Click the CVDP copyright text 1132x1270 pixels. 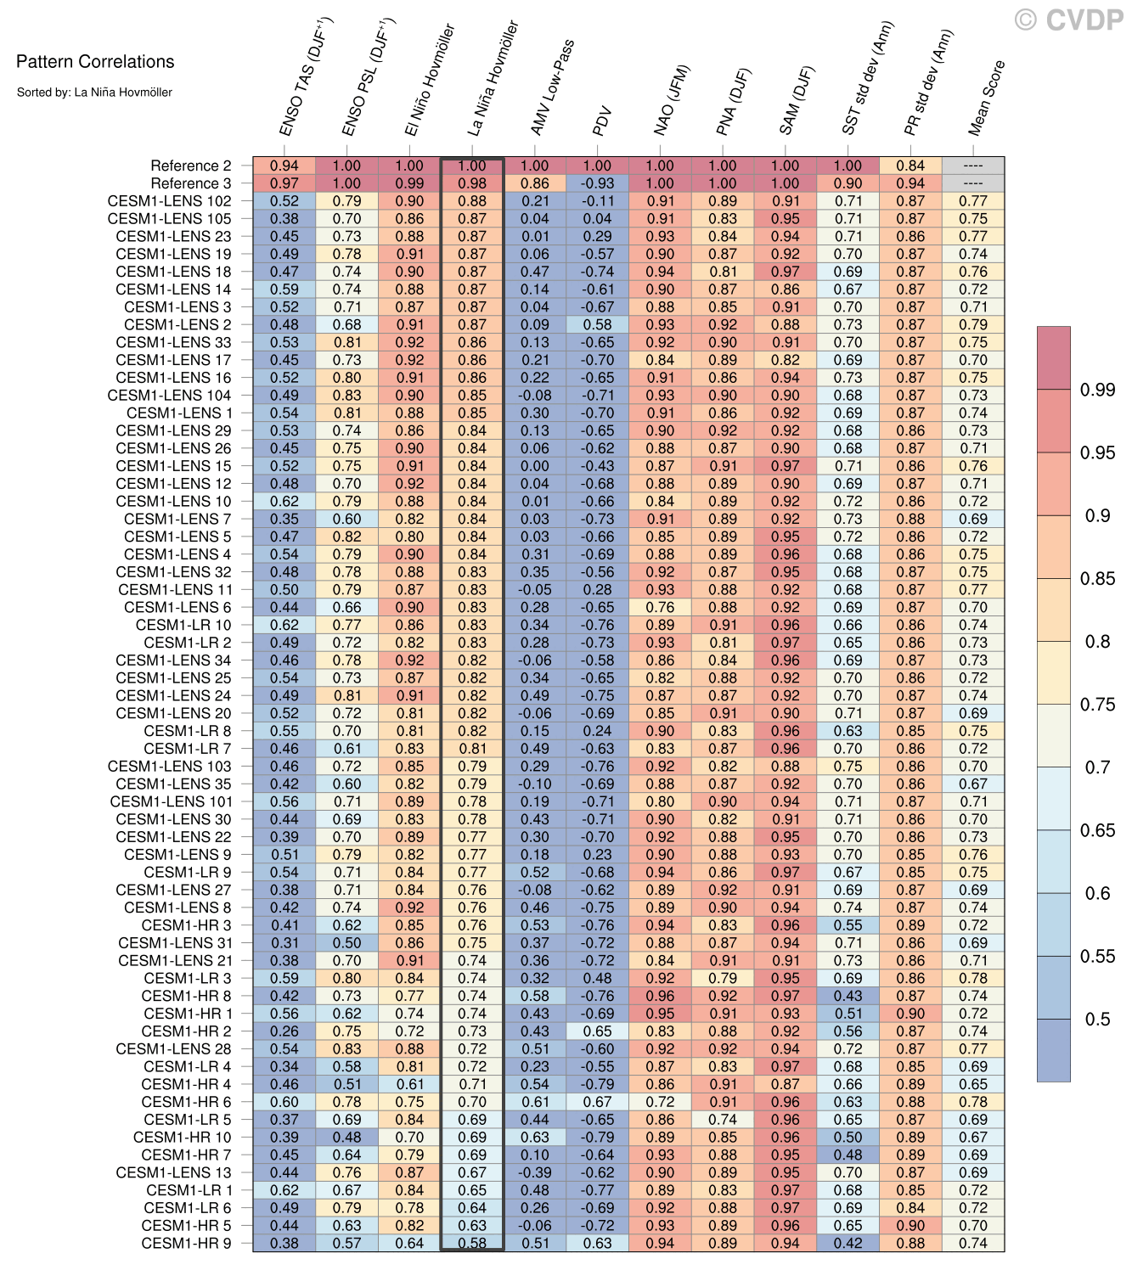(1069, 20)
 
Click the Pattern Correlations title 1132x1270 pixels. (95, 62)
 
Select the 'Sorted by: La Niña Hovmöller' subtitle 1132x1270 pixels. (94, 92)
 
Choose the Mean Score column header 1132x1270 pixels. (987, 98)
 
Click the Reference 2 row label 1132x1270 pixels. (191, 166)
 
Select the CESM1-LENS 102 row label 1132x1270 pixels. (170, 201)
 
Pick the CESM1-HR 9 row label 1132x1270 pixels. (187, 1243)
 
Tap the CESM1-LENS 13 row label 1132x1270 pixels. (174, 1172)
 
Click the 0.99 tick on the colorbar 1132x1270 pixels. (1097, 390)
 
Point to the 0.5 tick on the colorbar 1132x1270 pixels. (1097, 1020)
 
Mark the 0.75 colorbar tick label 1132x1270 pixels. (1097, 705)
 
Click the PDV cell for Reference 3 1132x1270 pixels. (598, 183)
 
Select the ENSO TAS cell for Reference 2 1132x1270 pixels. (284, 166)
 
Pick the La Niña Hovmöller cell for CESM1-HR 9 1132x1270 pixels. (472, 1243)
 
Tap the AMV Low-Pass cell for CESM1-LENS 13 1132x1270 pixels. (535, 1172)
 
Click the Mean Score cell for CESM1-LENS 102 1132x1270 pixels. (973, 201)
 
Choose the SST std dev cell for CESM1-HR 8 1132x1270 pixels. (848, 996)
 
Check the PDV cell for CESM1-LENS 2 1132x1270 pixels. (598, 324)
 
